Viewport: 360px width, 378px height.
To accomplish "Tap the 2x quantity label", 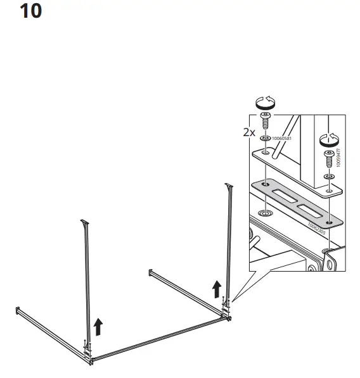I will pyautogui.click(x=249, y=133).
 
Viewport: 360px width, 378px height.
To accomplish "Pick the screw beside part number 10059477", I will pyautogui.click(x=328, y=155).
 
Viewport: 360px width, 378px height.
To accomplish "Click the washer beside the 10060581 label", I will pyautogui.click(x=264, y=139).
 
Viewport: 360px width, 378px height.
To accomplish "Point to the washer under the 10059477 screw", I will pyautogui.click(x=328, y=175).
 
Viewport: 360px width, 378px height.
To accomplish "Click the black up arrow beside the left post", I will pyautogui.click(x=98, y=326).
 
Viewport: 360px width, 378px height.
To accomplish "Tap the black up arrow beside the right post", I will pyautogui.click(x=217, y=289).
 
